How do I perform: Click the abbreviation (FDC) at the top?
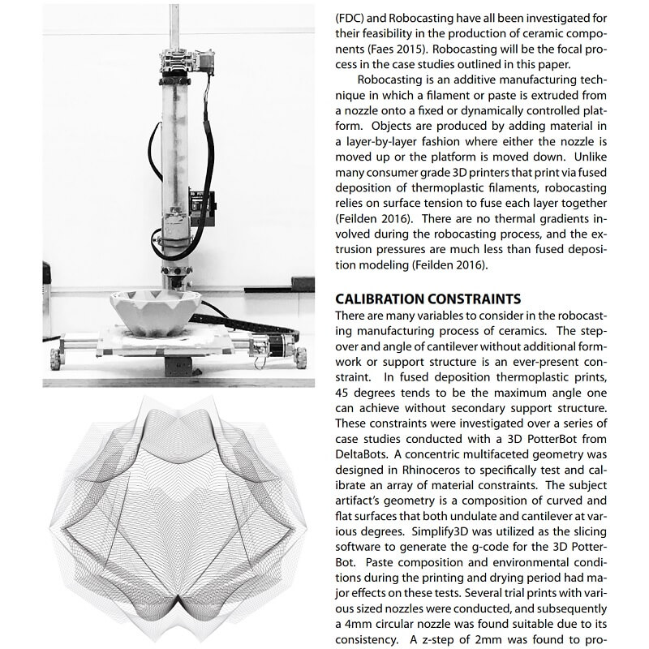(x=351, y=15)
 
